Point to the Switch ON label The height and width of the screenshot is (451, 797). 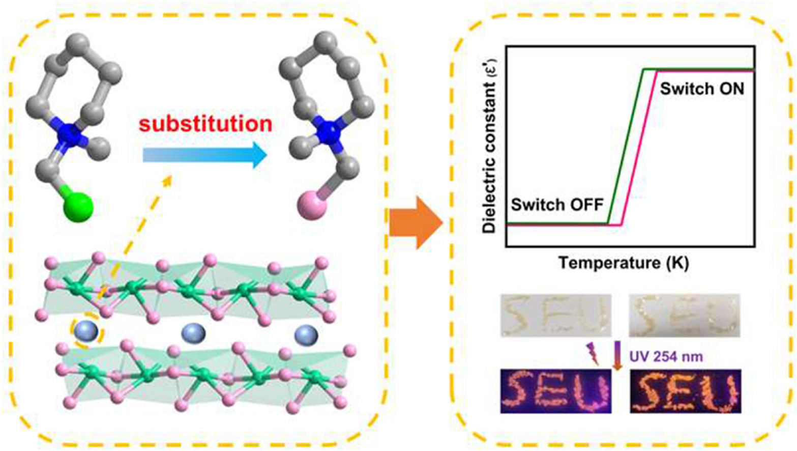[702, 89]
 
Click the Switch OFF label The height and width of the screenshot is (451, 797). [557, 205]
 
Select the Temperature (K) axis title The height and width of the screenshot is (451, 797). [624, 263]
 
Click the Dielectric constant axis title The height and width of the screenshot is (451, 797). [490, 147]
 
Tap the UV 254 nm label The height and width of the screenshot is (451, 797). [666, 356]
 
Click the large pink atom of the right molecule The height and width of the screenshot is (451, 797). [311, 207]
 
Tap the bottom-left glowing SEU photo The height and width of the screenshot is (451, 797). [556, 391]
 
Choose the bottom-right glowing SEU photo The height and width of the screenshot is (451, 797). [685, 391]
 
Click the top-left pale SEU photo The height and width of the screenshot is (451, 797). [556, 315]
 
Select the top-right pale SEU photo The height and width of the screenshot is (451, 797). [685, 315]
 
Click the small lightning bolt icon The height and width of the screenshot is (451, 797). [593, 353]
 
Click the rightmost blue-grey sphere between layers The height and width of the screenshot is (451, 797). [306, 335]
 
